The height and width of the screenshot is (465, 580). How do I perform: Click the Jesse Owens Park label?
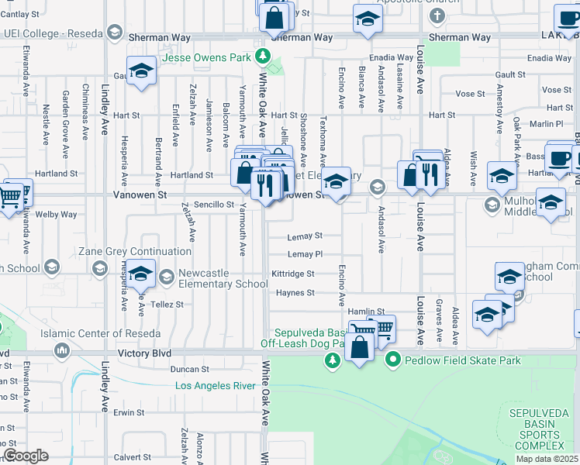click(207, 57)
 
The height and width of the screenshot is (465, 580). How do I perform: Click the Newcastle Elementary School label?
click(223, 278)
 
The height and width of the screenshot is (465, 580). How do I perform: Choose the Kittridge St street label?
click(293, 274)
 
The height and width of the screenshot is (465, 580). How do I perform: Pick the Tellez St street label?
click(168, 305)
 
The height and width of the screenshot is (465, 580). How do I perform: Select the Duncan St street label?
click(185, 370)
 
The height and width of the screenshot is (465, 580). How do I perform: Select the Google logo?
click(26, 456)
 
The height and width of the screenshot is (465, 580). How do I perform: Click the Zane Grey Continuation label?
click(135, 252)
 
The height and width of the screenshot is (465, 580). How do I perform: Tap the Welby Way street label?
click(56, 215)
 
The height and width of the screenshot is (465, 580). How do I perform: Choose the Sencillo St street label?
click(214, 205)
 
